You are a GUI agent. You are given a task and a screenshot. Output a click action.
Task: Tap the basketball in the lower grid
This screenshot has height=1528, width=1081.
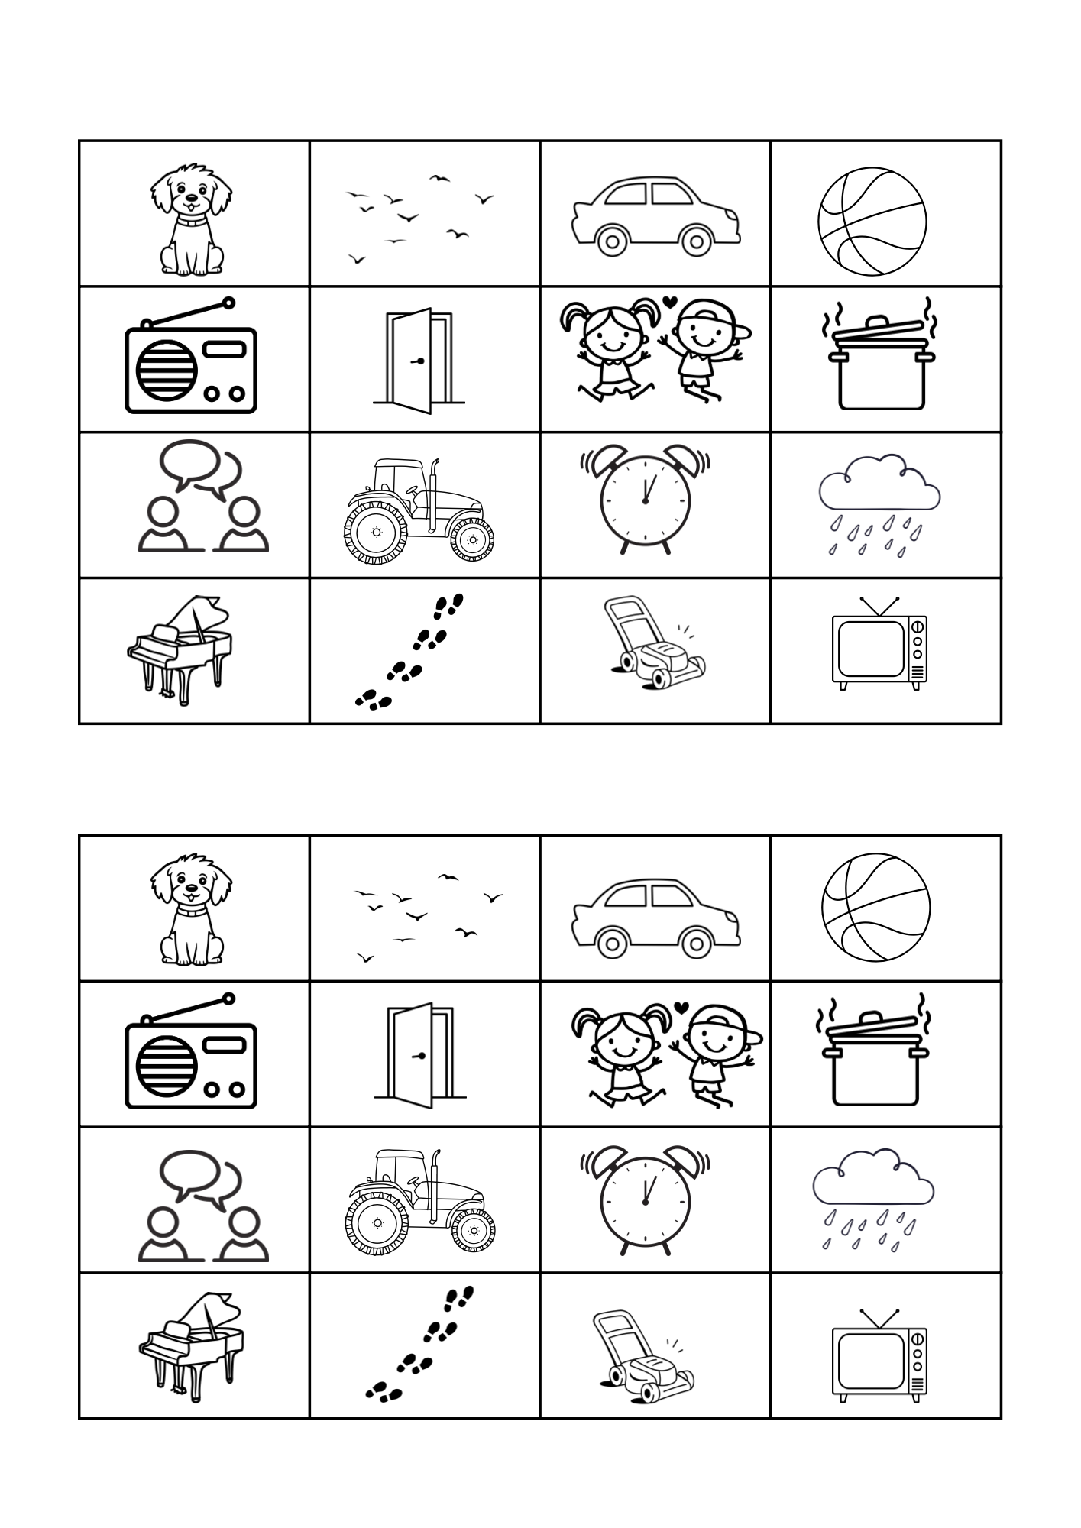coord(875,908)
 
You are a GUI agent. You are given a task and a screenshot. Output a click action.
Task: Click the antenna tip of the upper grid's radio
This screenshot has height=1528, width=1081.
coord(228,304)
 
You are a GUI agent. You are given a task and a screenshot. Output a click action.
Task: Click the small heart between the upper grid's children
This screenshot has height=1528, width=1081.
coord(667,302)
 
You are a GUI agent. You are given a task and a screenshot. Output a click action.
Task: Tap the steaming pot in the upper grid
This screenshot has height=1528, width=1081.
coord(879,363)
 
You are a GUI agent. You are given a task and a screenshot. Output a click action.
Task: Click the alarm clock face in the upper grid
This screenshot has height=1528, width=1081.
coord(646,501)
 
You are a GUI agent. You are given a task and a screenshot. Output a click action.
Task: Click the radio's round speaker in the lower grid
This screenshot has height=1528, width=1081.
coord(167,1066)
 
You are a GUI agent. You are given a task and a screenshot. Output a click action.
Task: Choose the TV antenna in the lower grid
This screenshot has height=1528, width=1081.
coord(879,1318)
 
